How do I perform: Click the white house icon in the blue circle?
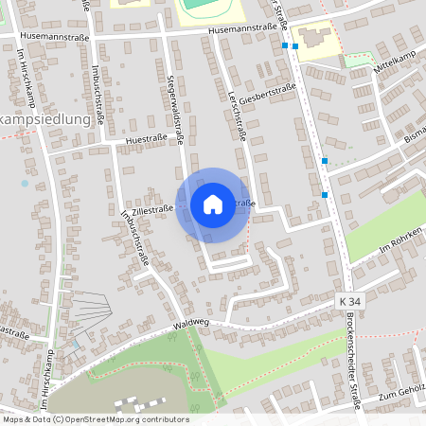(x=213, y=204)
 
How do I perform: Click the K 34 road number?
(x=349, y=300)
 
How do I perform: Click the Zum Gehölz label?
(x=403, y=395)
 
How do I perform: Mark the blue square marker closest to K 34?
(x=325, y=195)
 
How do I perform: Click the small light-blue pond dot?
(x=25, y=184)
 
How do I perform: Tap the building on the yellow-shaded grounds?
(x=314, y=40)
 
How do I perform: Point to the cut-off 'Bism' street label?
(x=416, y=138)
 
